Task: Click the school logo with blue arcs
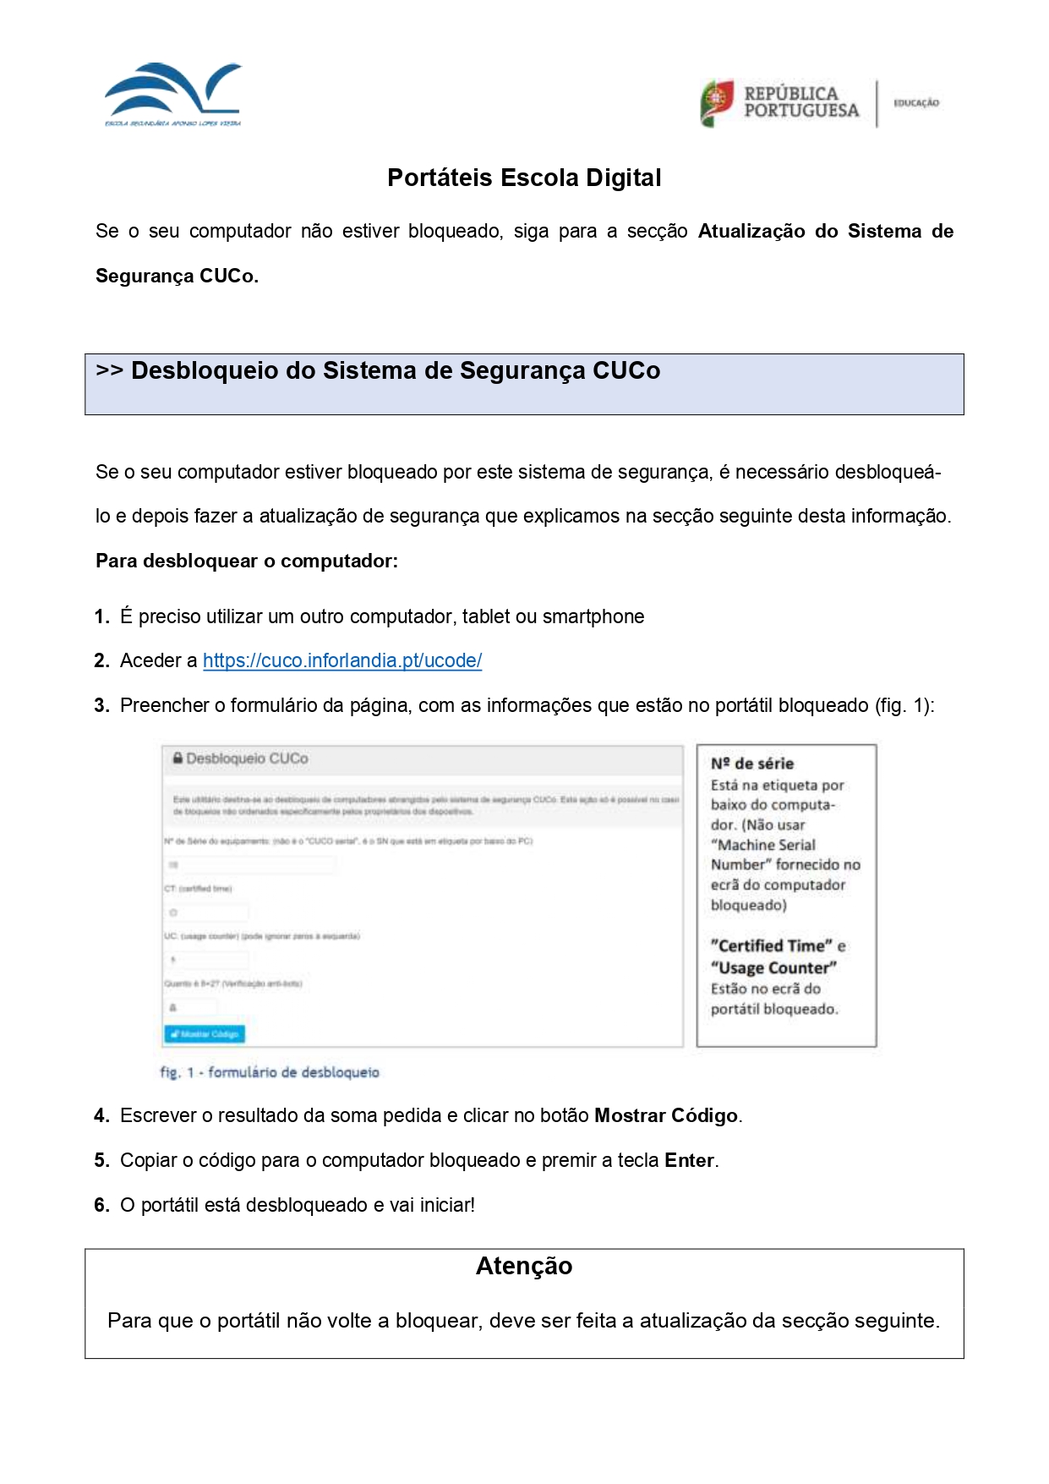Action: pyautogui.click(x=173, y=93)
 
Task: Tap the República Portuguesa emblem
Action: pyautogui.click(x=717, y=102)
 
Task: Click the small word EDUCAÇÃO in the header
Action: pyautogui.click(x=916, y=103)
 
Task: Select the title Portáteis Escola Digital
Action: pyautogui.click(x=524, y=178)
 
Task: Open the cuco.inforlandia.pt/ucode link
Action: pyautogui.click(x=342, y=661)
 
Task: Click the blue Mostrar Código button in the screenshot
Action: pyautogui.click(x=205, y=1033)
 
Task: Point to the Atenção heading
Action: pyautogui.click(x=524, y=1266)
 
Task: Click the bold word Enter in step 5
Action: pyautogui.click(x=690, y=1161)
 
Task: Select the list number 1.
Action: pyautogui.click(x=101, y=617)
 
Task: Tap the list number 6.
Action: pyautogui.click(x=101, y=1206)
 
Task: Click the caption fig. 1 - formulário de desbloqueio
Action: pyautogui.click(x=270, y=1072)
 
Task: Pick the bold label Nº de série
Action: pyautogui.click(x=752, y=764)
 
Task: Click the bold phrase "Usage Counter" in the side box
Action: pyautogui.click(x=773, y=968)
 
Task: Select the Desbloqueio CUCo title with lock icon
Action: pyautogui.click(x=241, y=758)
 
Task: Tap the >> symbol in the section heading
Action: pyautogui.click(x=110, y=371)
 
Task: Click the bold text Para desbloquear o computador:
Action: pyautogui.click(x=246, y=561)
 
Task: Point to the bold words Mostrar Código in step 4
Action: pyautogui.click(x=666, y=1116)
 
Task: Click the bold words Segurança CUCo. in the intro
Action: pyautogui.click(x=177, y=277)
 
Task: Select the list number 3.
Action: pyautogui.click(x=101, y=706)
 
